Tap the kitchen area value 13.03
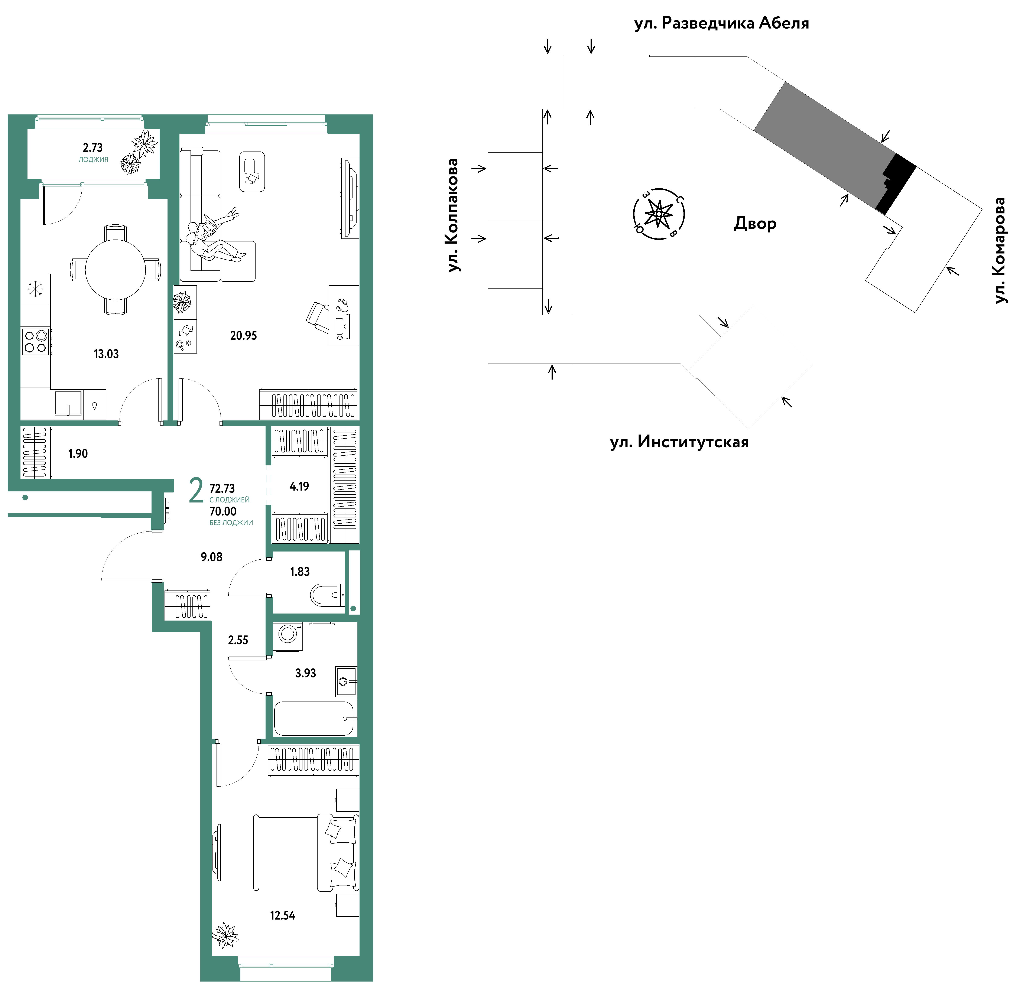(x=106, y=354)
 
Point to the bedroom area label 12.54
(x=282, y=915)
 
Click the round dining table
(x=115, y=270)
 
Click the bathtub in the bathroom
(x=315, y=719)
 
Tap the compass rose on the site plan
(x=659, y=214)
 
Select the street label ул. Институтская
(x=680, y=442)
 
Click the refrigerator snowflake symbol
(x=36, y=289)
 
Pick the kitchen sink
(x=68, y=403)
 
